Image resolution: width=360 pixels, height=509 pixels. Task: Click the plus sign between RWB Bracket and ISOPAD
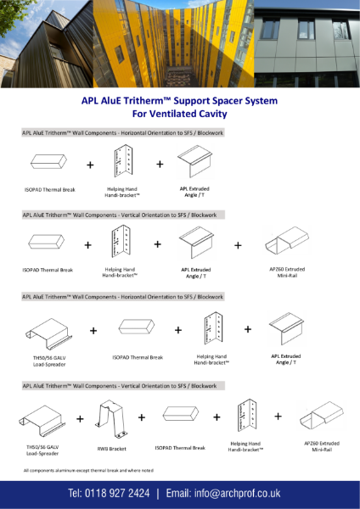point(142,417)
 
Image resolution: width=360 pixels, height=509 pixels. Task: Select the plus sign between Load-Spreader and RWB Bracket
point(80,418)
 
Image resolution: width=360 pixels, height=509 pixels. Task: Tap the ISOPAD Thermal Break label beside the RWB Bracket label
point(180,447)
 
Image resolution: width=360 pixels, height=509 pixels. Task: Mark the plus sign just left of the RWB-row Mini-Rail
point(278,417)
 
